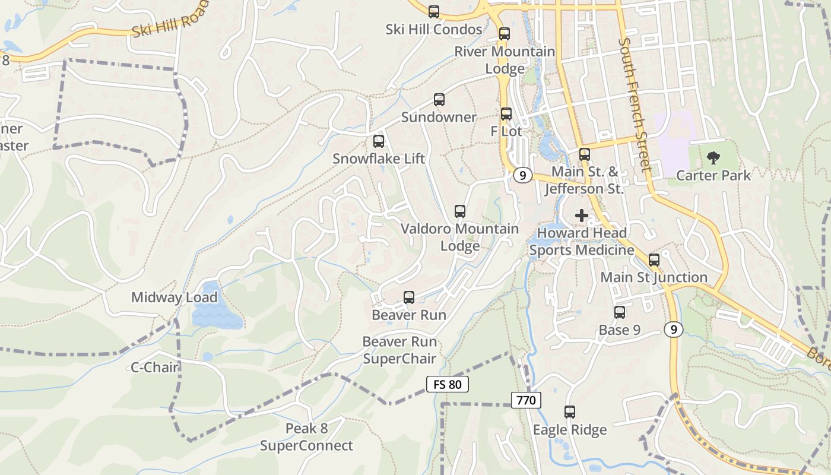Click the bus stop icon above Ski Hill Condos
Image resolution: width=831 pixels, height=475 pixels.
[434, 11]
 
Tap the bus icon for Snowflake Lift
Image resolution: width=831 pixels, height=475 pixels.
[379, 141]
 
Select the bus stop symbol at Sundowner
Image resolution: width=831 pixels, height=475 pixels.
[439, 100]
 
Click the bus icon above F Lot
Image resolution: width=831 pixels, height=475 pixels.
[506, 113]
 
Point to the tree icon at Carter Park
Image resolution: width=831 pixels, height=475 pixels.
[713, 158]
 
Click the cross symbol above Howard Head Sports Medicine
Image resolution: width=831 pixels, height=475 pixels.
[582, 216]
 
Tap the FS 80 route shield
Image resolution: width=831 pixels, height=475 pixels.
[448, 384]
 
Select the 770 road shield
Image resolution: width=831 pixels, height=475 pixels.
[526, 400]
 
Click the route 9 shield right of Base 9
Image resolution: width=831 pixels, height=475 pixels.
[673, 330]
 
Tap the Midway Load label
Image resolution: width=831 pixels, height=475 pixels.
[174, 297]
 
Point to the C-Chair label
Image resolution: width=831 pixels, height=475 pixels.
[154, 368]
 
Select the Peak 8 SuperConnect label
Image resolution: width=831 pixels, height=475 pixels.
[306, 437]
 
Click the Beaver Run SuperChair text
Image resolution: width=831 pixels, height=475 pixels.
[399, 350]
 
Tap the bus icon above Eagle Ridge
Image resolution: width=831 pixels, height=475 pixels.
[570, 411]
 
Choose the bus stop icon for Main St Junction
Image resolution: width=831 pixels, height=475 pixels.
[654, 259]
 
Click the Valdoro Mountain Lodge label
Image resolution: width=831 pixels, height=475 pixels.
[459, 237]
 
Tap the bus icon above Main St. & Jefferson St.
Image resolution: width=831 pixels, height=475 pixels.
[585, 154]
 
